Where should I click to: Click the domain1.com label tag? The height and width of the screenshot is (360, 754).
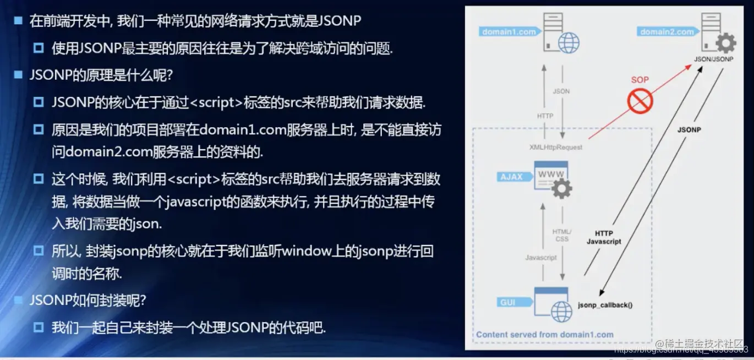click(x=509, y=32)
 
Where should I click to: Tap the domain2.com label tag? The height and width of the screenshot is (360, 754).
click(x=666, y=32)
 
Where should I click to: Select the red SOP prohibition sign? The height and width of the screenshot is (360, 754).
click(x=640, y=101)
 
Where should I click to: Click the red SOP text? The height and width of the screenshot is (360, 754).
click(x=640, y=80)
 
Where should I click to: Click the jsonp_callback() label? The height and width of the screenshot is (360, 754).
click(x=605, y=304)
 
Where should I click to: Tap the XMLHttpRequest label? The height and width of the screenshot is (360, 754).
click(x=555, y=147)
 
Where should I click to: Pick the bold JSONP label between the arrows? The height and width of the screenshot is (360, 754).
click(x=689, y=130)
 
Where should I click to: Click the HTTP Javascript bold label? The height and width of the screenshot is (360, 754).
click(x=604, y=237)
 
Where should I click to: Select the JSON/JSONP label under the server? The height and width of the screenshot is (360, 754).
click(x=713, y=59)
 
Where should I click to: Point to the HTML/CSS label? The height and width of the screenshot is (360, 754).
click(x=561, y=235)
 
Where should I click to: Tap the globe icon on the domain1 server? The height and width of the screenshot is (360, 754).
click(x=569, y=41)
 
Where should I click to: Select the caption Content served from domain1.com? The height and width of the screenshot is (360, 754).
click(x=544, y=334)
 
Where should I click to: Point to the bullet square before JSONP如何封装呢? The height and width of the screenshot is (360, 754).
click(x=18, y=300)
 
